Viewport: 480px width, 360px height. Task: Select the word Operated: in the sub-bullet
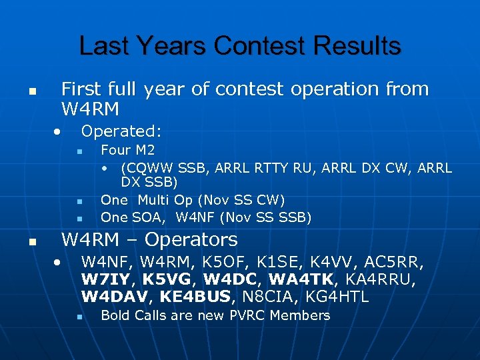coord(121,131)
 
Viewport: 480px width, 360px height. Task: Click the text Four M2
coord(127,150)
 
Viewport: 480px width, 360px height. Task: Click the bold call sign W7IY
coord(107,279)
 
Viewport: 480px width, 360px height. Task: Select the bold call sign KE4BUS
coord(197,296)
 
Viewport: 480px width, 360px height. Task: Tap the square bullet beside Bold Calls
coord(79,316)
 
